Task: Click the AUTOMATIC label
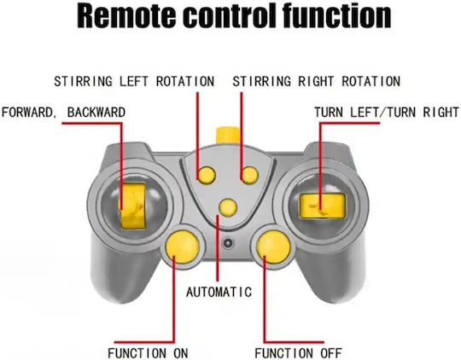pyautogui.click(x=219, y=292)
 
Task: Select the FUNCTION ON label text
pyautogui.click(x=148, y=353)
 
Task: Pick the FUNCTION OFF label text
pyautogui.click(x=298, y=353)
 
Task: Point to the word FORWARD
pyautogui.click(x=27, y=113)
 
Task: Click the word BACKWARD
pyautogui.click(x=96, y=113)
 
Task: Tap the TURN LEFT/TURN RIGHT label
pyautogui.click(x=387, y=113)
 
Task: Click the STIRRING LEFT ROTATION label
pyautogui.click(x=134, y=81)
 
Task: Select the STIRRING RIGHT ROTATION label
pyautogui.click(x=317, y=81)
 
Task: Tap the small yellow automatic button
pyautogui.click(x=228, y=207)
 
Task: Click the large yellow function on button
pyautogui.click(x=183, y=247)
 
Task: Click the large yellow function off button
pyautogui.click(x=274, y=247)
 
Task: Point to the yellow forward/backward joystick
pyautogui.click(x=132, y=206)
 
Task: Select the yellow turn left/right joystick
pyautogui.click(x=322, y=206)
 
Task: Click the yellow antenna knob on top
pyautogui.click(x=228, y=135)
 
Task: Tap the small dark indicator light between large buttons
pyautogui.click(x=228, y=243)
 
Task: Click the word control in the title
pyautogui.click(x=230, y=16)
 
